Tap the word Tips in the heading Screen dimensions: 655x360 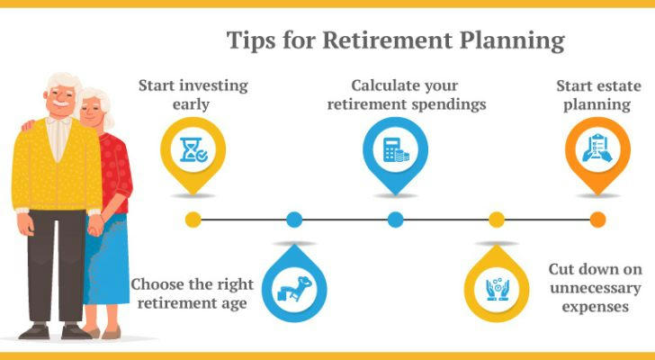251,40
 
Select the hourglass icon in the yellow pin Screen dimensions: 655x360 193,149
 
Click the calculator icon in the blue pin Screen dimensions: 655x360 395,149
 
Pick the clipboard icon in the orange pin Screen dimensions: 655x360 597,148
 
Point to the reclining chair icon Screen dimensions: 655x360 294,288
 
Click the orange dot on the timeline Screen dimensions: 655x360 597,220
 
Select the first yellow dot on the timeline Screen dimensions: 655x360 193,220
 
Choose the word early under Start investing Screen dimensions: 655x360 191,104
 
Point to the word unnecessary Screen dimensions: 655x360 596,288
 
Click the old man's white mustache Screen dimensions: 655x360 61,103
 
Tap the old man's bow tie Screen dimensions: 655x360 58,121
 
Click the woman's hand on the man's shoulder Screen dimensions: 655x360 28,125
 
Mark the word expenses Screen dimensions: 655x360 596,307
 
